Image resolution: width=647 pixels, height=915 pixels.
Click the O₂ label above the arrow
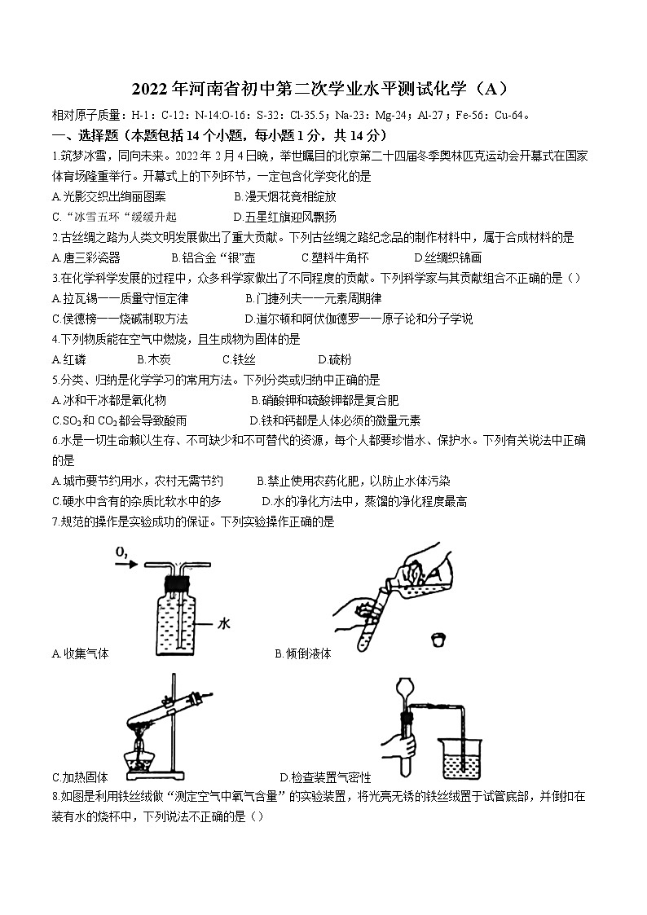point(122,553)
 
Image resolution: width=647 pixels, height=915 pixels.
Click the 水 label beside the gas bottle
point(226,623)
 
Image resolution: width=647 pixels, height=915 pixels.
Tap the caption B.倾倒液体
point(303,653)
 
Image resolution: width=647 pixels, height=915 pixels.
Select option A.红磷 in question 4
point(68,359)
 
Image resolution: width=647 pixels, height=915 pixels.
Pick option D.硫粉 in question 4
point(335,359)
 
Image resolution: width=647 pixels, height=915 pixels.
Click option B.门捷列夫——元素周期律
point(313,299)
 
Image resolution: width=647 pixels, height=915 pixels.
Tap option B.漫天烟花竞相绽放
point(284,196)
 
